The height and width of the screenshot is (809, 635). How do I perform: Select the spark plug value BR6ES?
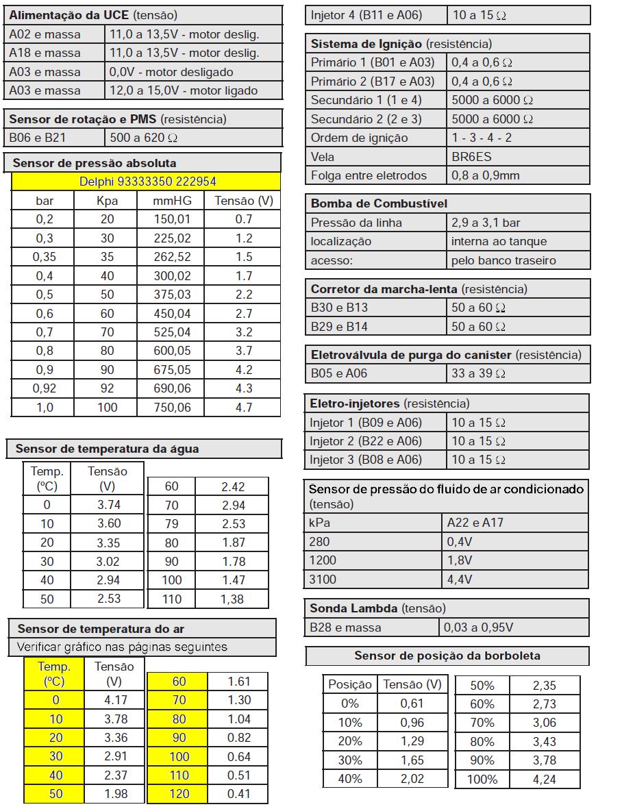[x=471, y=156]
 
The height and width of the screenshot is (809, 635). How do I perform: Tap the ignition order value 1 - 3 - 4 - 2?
[x=482, y=138]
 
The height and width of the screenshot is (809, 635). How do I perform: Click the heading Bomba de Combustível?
[x=379, y=203]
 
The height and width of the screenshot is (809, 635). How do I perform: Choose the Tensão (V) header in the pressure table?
[x=243, y=201]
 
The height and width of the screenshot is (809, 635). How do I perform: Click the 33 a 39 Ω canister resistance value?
[x=478, y=373]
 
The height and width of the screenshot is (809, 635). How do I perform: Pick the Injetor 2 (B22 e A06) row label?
[x=366, y=440]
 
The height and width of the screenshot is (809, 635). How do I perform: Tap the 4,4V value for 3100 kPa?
[x=460, y=579]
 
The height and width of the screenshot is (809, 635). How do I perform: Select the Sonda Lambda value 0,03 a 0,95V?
[x=478, y=627]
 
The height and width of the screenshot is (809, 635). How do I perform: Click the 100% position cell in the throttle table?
[x=482, y=779]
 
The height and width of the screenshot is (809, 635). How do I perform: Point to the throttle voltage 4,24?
[x=544, y=779]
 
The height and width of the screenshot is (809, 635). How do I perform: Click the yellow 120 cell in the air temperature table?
[x=178, y=794]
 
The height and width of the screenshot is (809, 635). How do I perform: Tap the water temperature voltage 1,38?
[x=233, y=599]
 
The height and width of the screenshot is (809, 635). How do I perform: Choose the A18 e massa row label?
[x=45, y=53]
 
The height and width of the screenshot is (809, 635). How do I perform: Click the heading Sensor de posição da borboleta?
[x=447, y=656]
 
